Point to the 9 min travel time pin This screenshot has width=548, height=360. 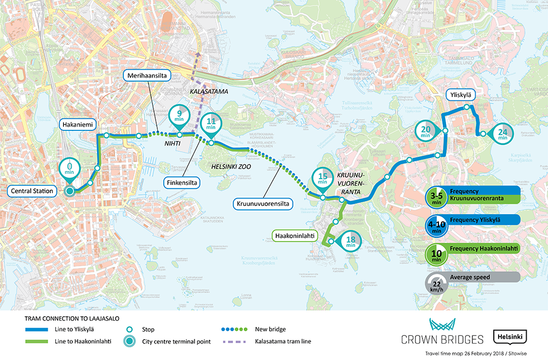[179, 114]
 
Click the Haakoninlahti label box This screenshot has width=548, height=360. [295, 236]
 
